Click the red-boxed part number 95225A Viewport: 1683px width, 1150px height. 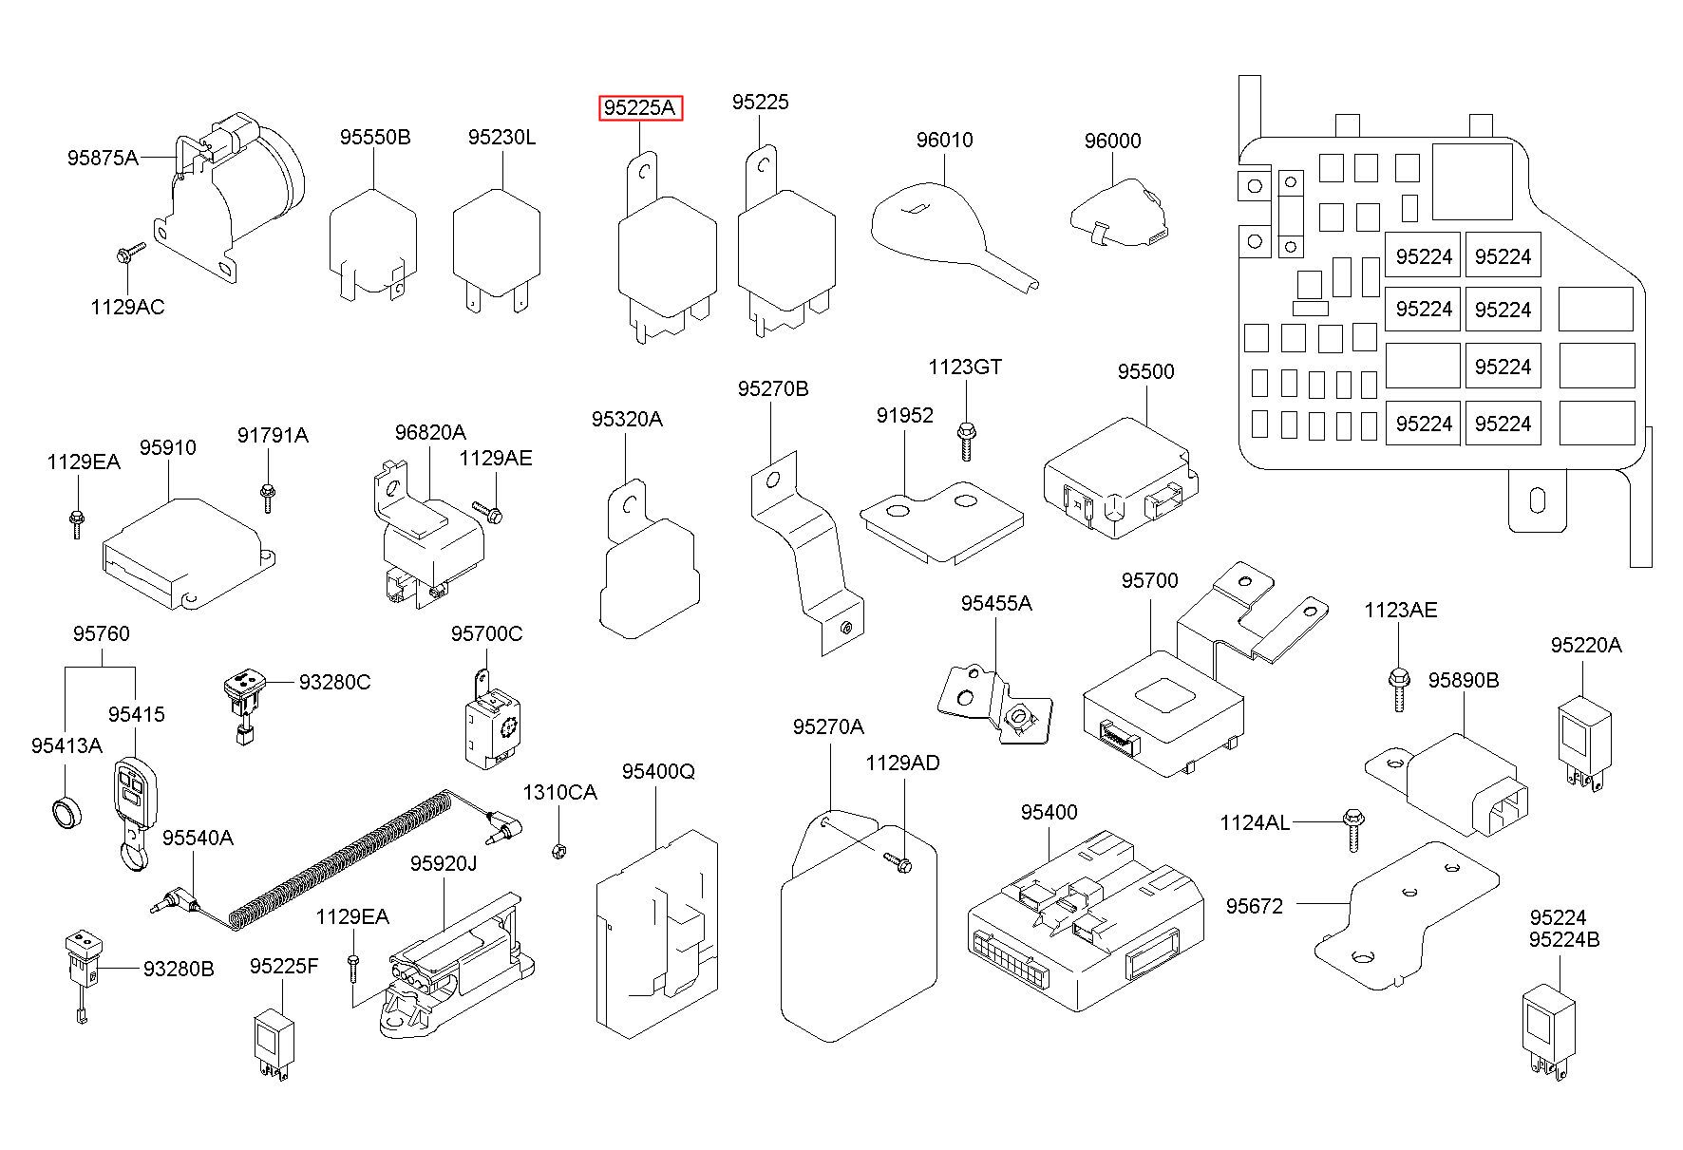coord(641,108)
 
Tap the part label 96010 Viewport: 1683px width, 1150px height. coord(944,141)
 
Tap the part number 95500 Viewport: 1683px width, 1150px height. coord(1145,372)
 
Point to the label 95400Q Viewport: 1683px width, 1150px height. coord(658,771)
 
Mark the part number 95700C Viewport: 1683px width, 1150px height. coord(486,633)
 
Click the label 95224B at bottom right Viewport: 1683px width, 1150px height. coord(1564,940)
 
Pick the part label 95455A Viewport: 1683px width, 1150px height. coord(995,603)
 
